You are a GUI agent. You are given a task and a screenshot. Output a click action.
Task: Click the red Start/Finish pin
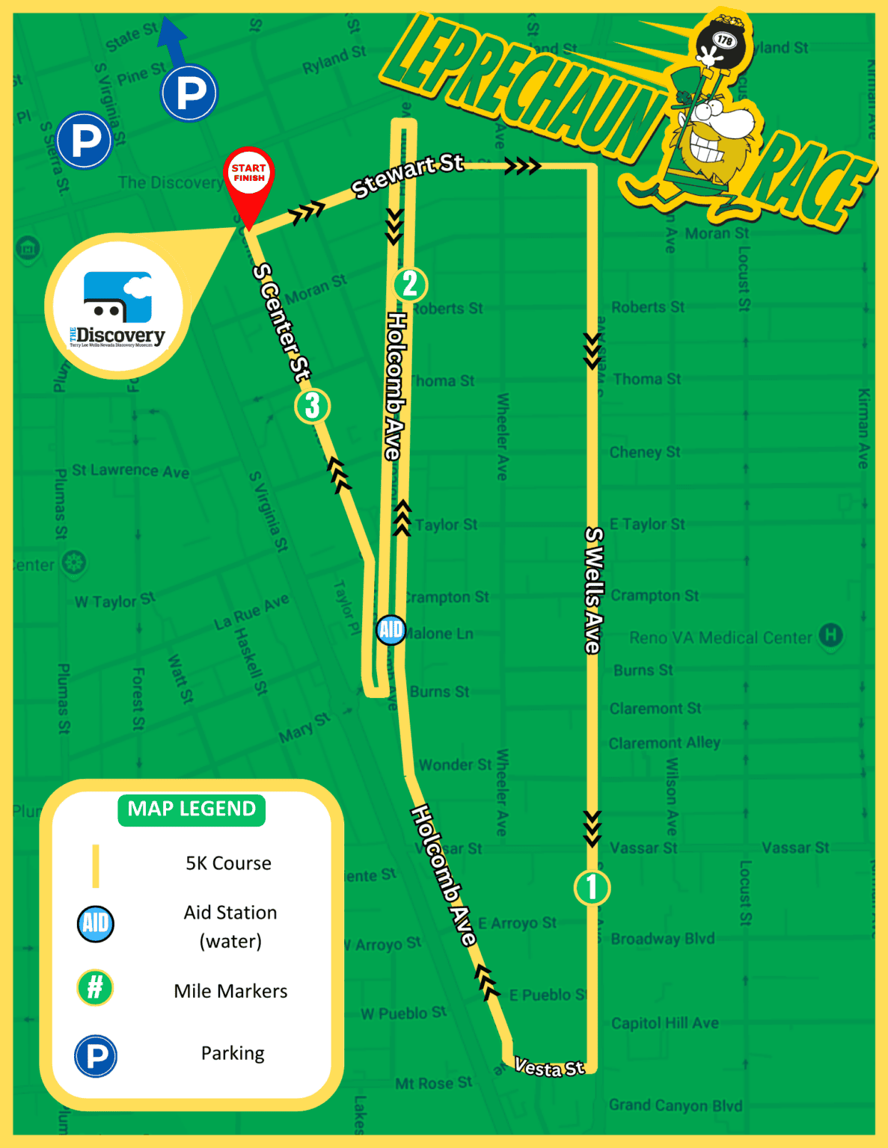pyautogui.click(x=248, y=179)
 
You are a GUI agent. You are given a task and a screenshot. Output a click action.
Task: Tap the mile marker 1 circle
pyautogui.click(x=592, y=887)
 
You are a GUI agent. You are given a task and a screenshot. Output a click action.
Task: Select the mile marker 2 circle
pyautogui.click(x=409, y=284)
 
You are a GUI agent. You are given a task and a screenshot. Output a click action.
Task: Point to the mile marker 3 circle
pyautogui.click(x=312, y=406)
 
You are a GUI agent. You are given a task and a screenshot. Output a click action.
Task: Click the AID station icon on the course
pyautogui.click(x=391, y=629)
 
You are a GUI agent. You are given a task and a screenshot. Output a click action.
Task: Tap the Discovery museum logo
pyautogui.click(x=117, y=308)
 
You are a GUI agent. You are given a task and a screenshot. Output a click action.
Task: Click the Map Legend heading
pyautogui.click(x=192, y=809)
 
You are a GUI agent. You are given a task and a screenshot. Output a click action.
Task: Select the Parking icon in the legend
pyautogui.click(x=96, y=1056)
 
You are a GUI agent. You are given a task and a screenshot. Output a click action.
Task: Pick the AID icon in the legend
pyautogui.click(x=96, y=923)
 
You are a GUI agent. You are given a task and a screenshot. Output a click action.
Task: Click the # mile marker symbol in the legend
pyautogui.click(x=95, y=987)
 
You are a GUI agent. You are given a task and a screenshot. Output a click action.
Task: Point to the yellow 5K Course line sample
pyautogui.click(x=96, y=865)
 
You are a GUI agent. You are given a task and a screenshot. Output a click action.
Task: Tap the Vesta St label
pyautogui.click(x=549, y=1068)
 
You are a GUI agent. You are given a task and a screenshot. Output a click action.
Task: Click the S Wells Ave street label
pyautogui.click(x=593, y=590)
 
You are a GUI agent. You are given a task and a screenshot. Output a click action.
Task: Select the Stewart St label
pyautogui.click(x=408, y=176)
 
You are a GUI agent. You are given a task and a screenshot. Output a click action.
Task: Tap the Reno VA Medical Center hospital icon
pyautogui.click(x=830, y=635)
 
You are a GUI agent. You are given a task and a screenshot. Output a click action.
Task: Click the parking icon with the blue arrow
pyautogui.click(x=189, y=93)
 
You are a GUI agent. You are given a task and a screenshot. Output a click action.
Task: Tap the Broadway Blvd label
pyautogui.click(x=662, y=939)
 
